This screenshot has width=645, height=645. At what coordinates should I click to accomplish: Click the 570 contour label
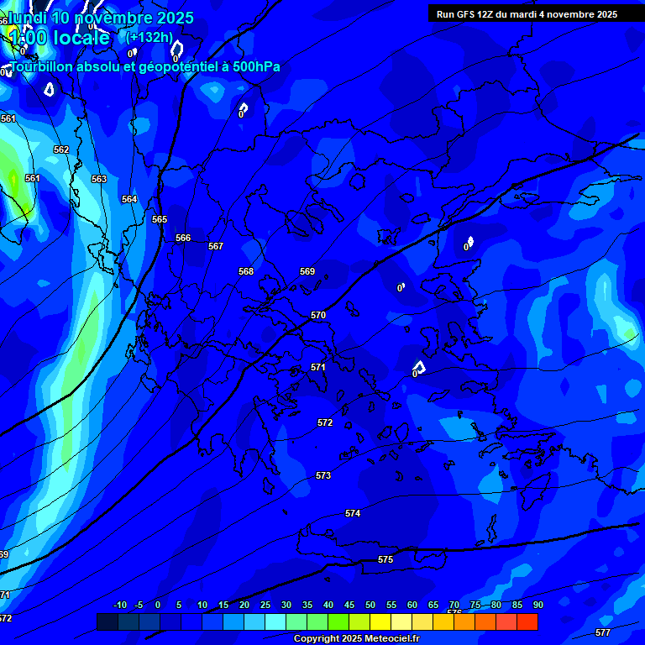(x=318, y=315)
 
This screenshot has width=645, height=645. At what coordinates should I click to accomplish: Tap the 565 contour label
(x=160, y=219)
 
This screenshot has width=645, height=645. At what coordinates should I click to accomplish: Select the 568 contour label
(x=246, y=271)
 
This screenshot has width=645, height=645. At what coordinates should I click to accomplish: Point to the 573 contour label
(x=323, y=475)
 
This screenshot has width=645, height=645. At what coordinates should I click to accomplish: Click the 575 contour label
(x=385, y=559)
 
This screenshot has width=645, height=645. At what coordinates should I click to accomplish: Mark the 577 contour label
(x=602, y=632)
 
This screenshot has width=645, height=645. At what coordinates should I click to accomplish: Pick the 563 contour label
(x=99, y=179)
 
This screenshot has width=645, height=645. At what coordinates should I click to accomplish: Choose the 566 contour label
(x=183, y=238)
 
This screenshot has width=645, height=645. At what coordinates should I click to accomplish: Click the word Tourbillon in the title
(x=41, y=66)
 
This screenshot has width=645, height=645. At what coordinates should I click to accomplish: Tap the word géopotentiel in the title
(x=167, y=67)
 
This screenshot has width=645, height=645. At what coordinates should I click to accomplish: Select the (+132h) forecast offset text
(x=149, y=37)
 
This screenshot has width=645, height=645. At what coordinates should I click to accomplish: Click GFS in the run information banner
(x=465, y=14)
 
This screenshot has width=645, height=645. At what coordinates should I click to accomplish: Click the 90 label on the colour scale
(x=537, y=605)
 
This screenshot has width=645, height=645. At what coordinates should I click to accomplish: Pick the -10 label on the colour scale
(x=119, y=605)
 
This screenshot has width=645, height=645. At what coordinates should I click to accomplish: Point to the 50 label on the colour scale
(x=370, y=605)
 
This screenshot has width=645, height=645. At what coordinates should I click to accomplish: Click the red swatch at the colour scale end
(x=527, y=621)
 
